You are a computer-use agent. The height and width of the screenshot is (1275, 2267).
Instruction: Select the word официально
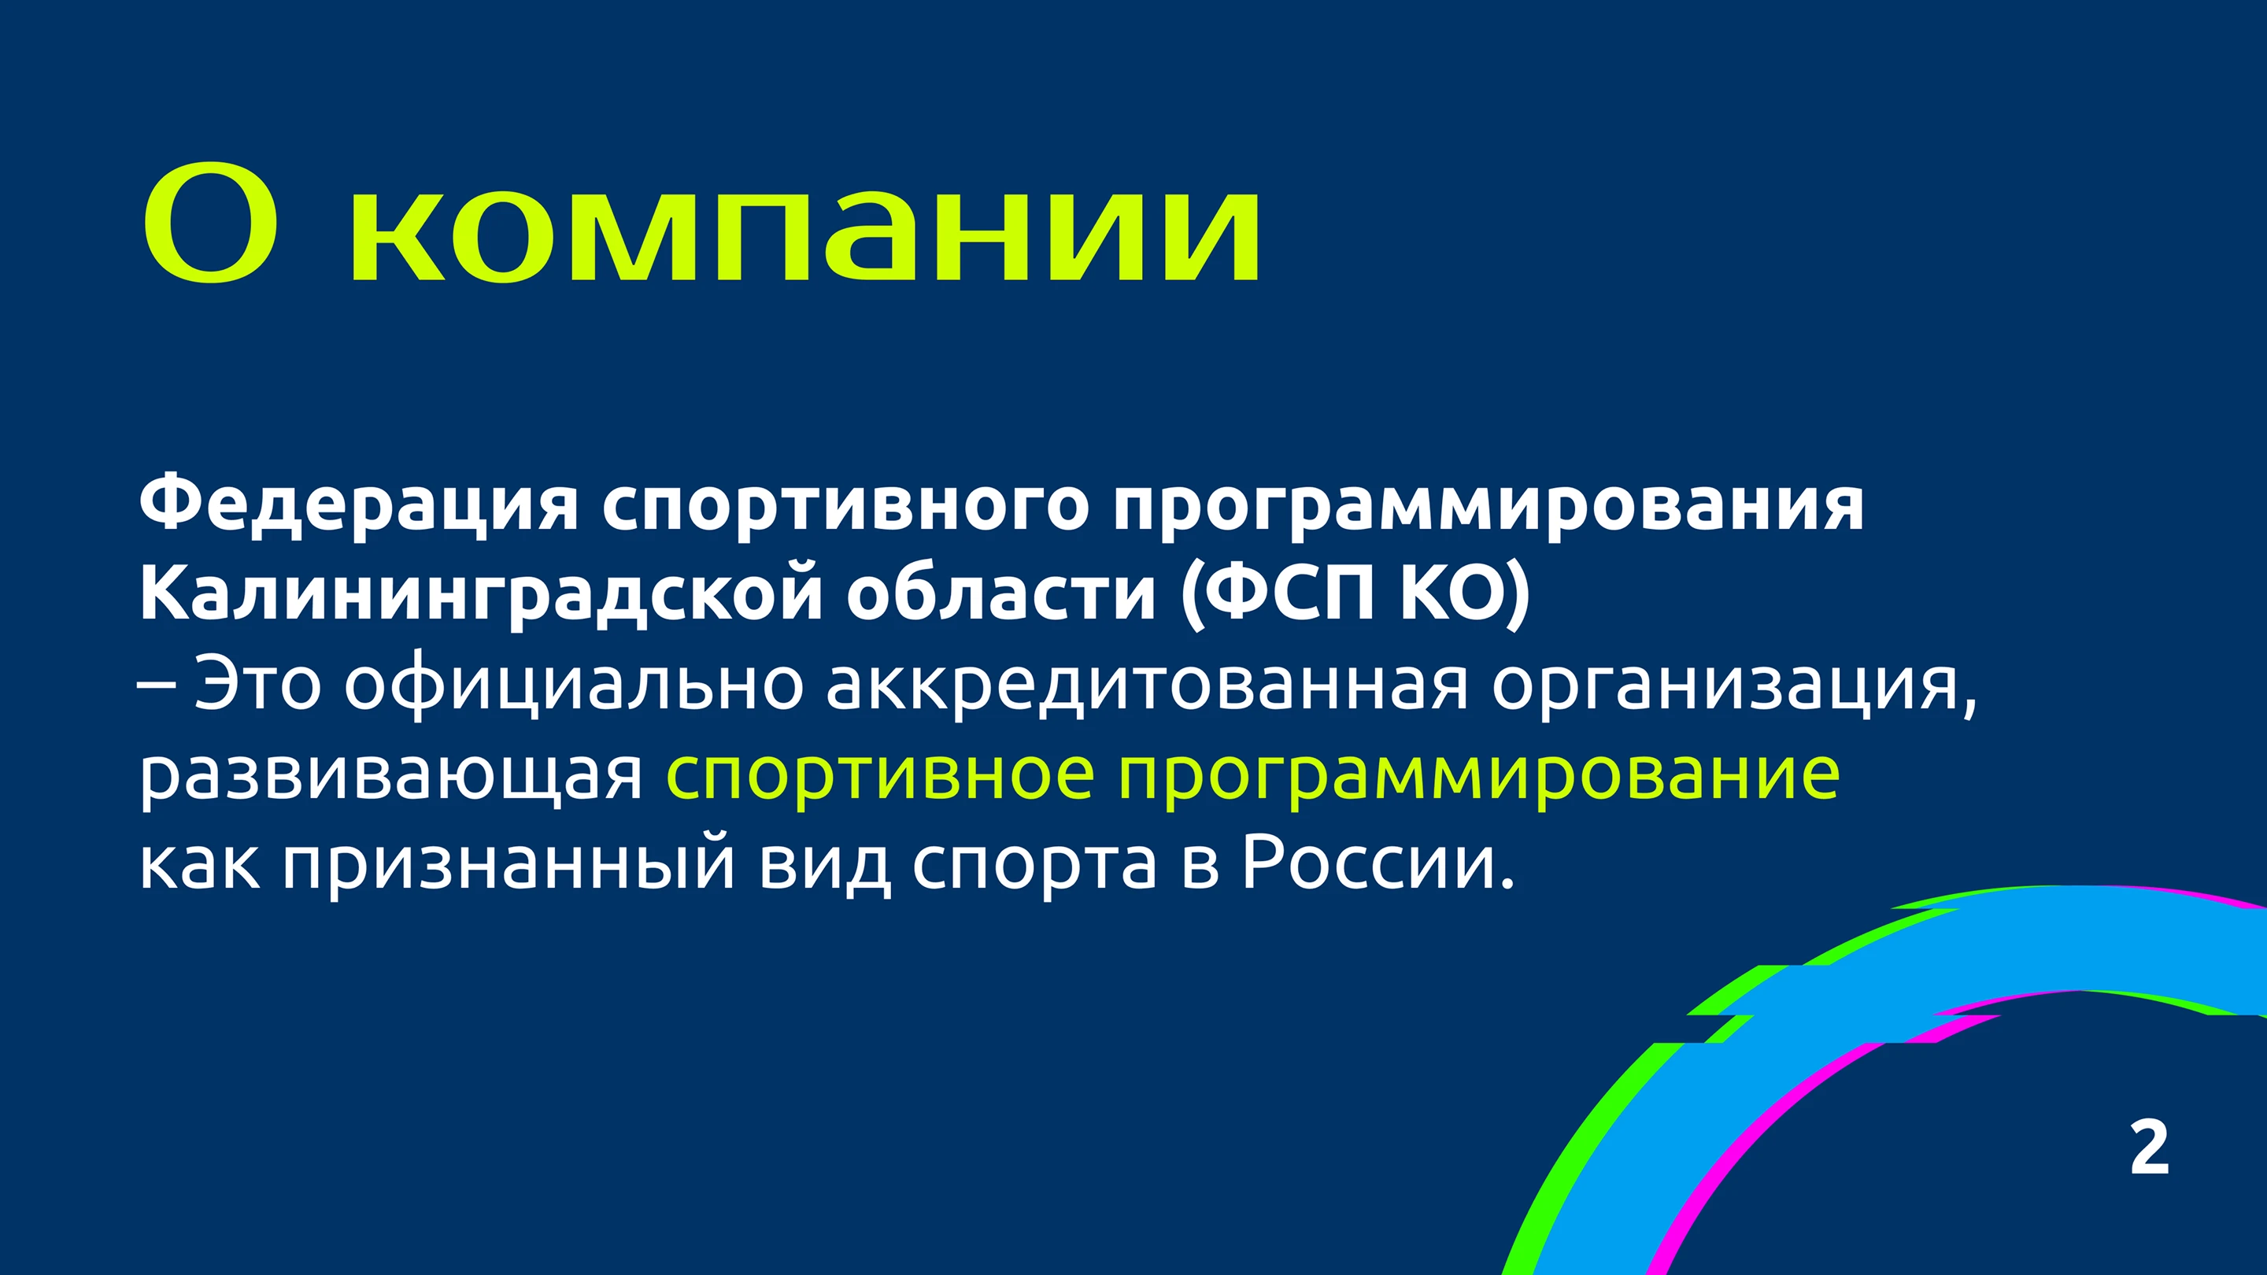click(x=574, y=684)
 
